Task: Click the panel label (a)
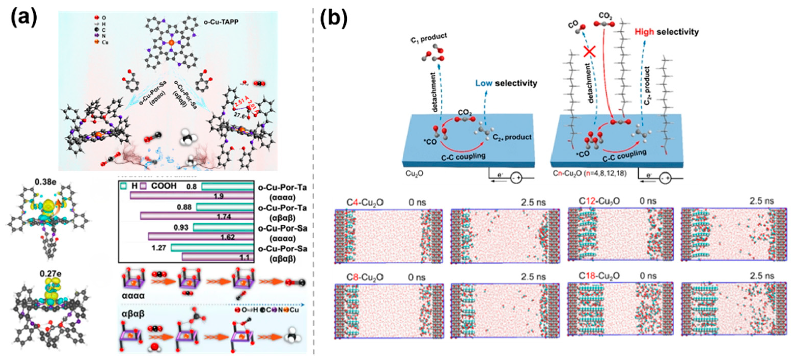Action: click(24, 18)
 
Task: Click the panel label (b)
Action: click(334, 18)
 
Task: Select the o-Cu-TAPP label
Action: click(221, 22)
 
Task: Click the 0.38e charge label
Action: click(45, 182)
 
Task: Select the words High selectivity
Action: click(667, 32)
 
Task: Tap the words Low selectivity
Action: click(506, 83)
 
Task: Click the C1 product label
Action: click(429, 38)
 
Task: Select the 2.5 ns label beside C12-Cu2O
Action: click(761, 201)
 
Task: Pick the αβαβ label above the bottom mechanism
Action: click(133, 315)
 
